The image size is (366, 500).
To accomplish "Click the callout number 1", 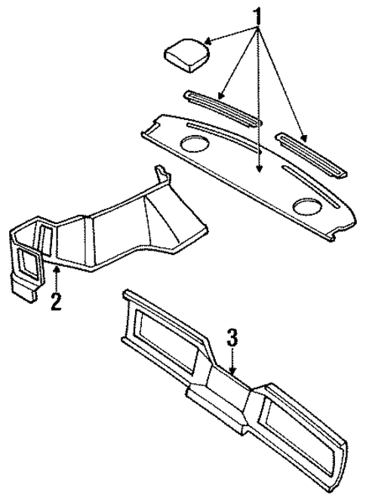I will click(x=258, y=16).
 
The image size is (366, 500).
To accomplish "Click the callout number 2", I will click(x=55, y=302).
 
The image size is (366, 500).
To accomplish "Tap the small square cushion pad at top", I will click(x=186, y=54).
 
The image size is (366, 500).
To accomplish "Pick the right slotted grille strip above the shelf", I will click(x=311, y=155).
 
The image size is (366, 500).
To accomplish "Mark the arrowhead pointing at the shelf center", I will click(x=259, y=170).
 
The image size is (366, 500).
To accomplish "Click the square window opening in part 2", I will click(x=29, y=261).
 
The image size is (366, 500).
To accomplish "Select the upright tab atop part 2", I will click(x=161, y=177).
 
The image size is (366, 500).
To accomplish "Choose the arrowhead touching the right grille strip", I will click(x=304, y=139).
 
